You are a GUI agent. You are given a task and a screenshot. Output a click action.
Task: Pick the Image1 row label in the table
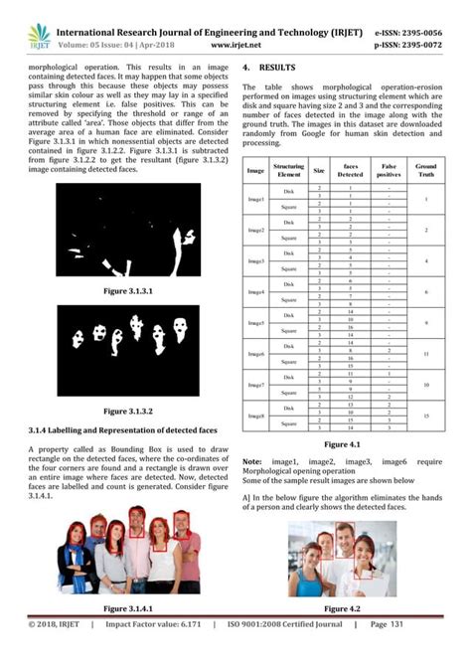(x=256, y=200)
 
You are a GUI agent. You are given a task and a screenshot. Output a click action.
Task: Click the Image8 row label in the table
(x=256, y=416)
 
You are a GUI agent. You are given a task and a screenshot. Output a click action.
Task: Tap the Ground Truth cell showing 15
(x=425, y=416)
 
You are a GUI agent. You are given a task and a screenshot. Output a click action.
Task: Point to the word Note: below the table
(x=252, y=462)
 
